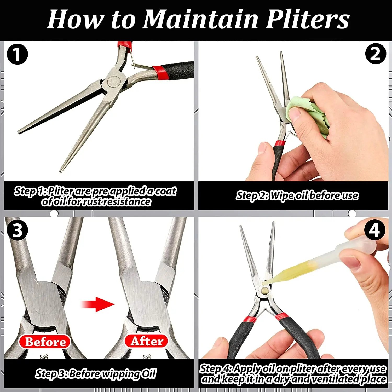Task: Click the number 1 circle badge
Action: pyautogui.click(x=17, y=54)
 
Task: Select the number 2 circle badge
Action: pyautogui.click(x=375, y=54)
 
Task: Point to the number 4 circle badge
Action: pyautogui.click(x=375, y=230)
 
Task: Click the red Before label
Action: pyautogui.click(x=45, y=342)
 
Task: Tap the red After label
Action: pyautogui.click(x=147, y=341)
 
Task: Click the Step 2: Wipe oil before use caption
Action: pyautogui.click(x=297, y=195)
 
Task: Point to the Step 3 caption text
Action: pyautogui.click(x=96, y=374)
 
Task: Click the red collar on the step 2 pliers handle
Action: pyautogui.click(x=280, y=143)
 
